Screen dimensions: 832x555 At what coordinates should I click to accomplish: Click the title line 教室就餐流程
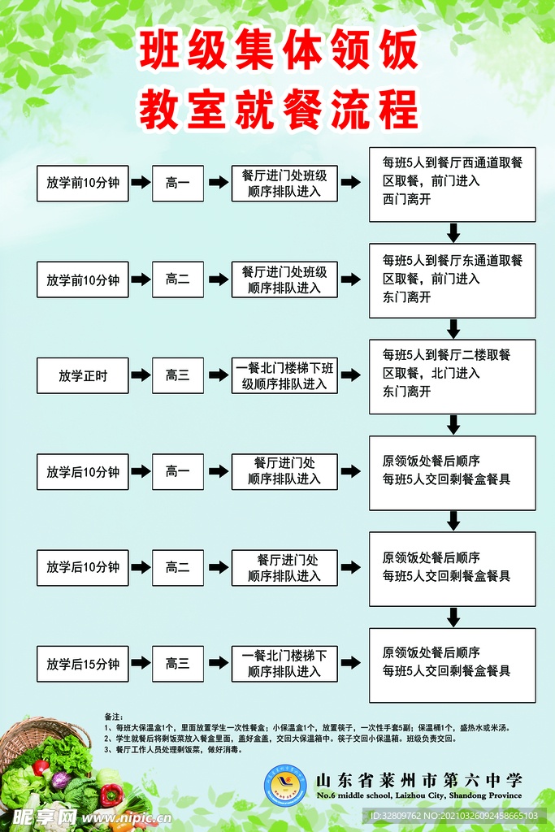(279, 109)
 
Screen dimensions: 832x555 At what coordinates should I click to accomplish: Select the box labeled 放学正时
(82, 375)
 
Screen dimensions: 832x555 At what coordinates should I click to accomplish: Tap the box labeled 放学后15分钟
(82, 664)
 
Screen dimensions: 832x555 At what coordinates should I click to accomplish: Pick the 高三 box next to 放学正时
(177, 375)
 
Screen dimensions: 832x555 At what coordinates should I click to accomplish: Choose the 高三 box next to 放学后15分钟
(177, 664)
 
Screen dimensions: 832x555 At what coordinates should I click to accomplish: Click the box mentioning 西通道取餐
(452, 184)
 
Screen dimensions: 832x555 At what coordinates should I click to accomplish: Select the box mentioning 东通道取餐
(452, 279)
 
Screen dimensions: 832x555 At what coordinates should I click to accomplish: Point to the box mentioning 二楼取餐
(452, 375)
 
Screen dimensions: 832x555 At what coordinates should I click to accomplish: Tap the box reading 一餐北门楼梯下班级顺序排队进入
(284, 375)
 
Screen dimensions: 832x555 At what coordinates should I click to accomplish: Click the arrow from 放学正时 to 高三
(140, 375)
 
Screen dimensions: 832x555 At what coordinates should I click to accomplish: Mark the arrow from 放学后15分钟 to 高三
(140, 664)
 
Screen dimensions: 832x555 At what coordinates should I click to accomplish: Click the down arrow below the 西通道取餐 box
(453, 232)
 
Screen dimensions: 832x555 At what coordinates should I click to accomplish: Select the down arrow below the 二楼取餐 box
(453, 424)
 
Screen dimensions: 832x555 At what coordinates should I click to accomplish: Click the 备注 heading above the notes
(113, 717)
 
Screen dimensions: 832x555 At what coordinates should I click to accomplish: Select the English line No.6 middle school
(418, 796)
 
